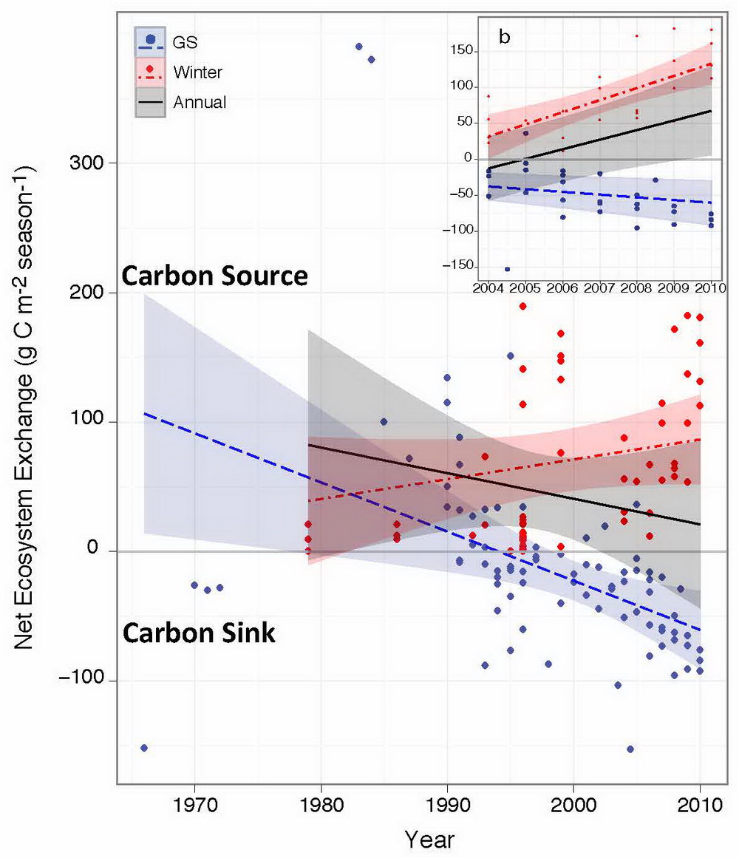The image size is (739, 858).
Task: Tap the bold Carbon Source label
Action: [214, 276]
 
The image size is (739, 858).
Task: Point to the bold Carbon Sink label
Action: [199, 633]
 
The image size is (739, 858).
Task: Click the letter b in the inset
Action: [504, 38]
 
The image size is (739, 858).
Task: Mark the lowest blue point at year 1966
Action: [144, 748]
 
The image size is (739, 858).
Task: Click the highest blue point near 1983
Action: [359, 47]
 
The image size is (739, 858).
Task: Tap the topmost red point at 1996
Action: [522, 306]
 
